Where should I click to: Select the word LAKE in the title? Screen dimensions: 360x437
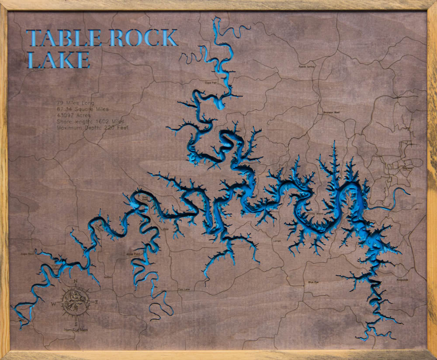[x=58, y=60]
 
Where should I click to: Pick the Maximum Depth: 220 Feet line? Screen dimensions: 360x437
[x=92, y=128]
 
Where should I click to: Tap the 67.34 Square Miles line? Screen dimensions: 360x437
[x=82, y=109]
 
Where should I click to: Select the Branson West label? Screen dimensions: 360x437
[x=331, y=112]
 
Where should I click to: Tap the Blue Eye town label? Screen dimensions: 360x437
[x=313, y=283]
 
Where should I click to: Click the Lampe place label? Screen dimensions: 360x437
[x=277, y=241]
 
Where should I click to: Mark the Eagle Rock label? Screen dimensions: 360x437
[x=27, y=253]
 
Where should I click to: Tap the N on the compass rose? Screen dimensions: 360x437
[x=75, y=281]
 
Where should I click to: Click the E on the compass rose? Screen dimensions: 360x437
[x=97, y=302]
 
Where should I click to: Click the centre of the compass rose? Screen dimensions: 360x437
[x=76, y=302]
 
